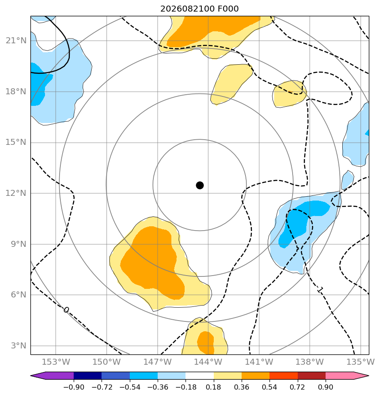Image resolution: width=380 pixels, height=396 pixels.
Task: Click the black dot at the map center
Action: (x=200, y=186)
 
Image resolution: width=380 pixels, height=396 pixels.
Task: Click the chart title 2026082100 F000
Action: (x=200, y=9)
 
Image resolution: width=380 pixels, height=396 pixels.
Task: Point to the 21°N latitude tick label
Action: (x=16, y=40)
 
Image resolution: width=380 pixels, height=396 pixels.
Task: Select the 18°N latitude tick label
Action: (x=16, y=91)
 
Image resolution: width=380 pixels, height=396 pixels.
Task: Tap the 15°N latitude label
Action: (x=16, y=142)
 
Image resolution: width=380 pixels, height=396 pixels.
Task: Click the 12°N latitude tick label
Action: (x=16, y=193)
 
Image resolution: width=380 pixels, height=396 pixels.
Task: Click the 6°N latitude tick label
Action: (x=18, y=295)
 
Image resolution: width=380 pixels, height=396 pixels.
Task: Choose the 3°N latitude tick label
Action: (x=18, y=346)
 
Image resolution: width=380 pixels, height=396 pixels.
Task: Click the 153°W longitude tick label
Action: (x=56, y=362)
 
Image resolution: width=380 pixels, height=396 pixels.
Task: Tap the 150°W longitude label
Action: (x=107, y=362)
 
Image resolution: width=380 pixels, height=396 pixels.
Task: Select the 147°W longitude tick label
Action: (x=158, y=362)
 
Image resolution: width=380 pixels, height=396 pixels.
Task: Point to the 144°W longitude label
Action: (x=208, y=362)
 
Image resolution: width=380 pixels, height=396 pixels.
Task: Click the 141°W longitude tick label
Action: (x=259, y=362)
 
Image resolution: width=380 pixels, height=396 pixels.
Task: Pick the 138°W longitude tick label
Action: (x=310, y=362)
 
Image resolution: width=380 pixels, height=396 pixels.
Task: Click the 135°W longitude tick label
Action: (x=361, y=362)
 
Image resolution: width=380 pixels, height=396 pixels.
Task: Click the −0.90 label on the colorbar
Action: (x=74, y=387)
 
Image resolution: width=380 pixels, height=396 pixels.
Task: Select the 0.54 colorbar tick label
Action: (x=269, y=387)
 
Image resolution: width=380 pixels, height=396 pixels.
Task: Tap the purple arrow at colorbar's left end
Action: (x=38, y=375)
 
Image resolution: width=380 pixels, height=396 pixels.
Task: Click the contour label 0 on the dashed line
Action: (x=66, y=310)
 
